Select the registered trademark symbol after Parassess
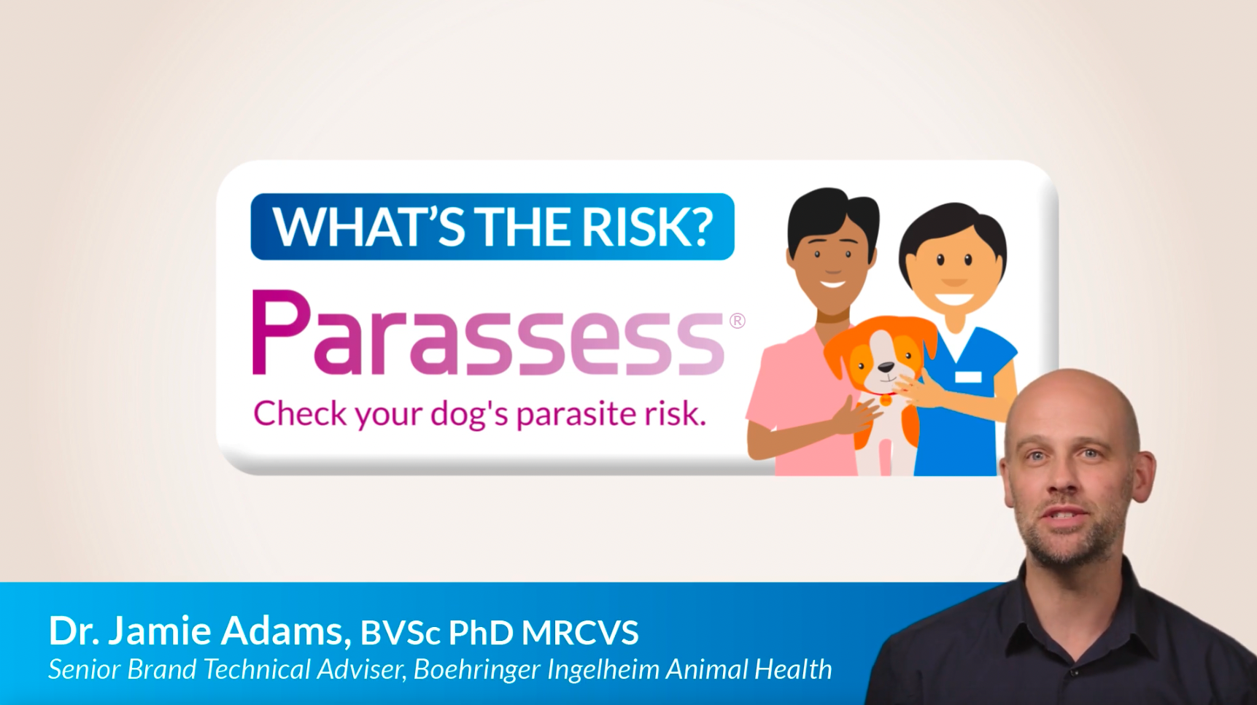pos(737,321)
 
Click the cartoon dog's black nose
pos(885,368)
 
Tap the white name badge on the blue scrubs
pos(967,376)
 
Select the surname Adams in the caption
pos(281,631)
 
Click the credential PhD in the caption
pos(481,633)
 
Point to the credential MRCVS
pos(580,633)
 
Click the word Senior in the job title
pos(84,669)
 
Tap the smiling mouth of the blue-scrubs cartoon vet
pos(954,298)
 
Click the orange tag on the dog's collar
pos(886,400)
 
